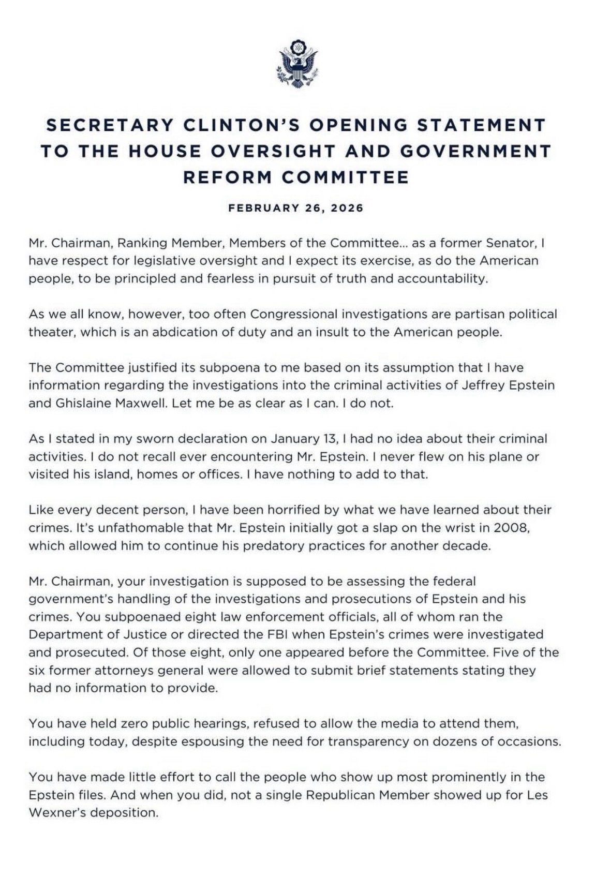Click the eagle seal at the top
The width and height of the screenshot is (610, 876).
(x=297, y=63)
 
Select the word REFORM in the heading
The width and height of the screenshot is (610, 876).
(x=228, y=177)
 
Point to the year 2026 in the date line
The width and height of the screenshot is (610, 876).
(x=347, y=208)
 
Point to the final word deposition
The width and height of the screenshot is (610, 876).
(x=124, y=812)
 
